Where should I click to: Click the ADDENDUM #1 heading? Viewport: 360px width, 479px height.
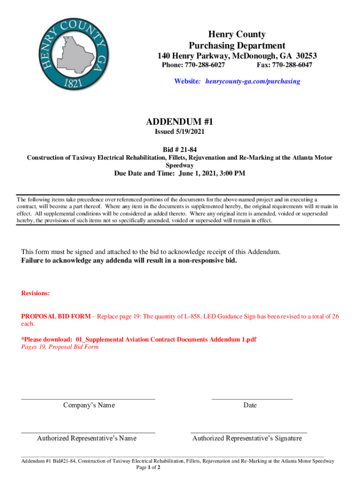pyautogui.click(x=180, y=122)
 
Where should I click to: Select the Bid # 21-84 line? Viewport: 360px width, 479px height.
pyautogui.click(x=180, y=149)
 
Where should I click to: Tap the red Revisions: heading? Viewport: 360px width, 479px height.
pyautogui.click(x=36, y=293)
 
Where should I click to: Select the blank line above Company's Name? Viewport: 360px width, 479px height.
pyautogui.click(x=88, y=399)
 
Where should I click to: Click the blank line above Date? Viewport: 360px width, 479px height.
pyautogui.click(x=252, y=399)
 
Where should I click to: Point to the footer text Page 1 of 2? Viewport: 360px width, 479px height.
pyautogui.click(x=148, y=467)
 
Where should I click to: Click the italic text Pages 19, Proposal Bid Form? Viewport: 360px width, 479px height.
pyautogui.click(x=60, y=347)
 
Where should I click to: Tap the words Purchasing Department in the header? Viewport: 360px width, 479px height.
pyautogui.click(x=237, y=45)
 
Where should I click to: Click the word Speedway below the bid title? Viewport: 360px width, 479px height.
pyautogui.click(x=180, y=165)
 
